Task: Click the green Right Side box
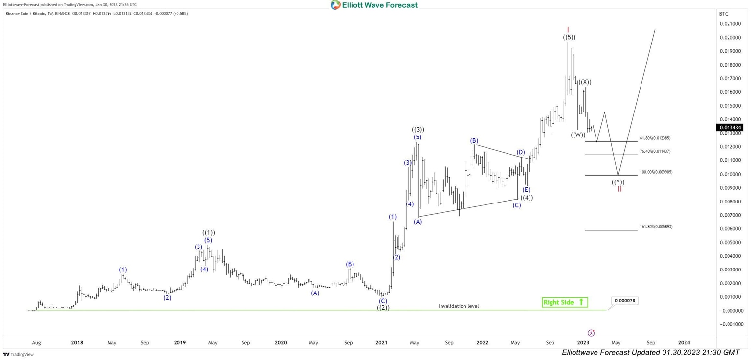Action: pos(565,302)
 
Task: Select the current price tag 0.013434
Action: pos(729,128)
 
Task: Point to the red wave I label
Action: pos(568,29)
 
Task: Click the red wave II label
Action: pos(619,189)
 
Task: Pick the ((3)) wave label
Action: pos(418,130)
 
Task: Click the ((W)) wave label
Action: pos(578,135)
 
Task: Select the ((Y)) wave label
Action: pos(618,182)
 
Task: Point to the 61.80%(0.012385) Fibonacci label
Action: pos(655,138)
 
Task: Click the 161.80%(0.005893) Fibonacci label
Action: pos(656,227)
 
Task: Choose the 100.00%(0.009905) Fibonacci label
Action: pos(656,172)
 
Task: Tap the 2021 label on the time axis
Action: pos(382,343)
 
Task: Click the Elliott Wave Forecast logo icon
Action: pos(336,5)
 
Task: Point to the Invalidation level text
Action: pos(459,306)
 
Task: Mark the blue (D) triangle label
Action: pos(521,152)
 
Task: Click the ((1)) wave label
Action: pos(209,233)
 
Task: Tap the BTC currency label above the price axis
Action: pos(724,14)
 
